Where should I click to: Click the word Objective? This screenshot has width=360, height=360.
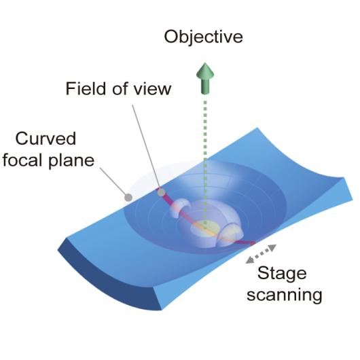[203, 37]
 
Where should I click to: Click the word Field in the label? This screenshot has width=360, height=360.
[86, 88]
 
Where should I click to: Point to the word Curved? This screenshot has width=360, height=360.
[46, 139]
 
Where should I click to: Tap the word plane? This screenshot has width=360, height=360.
[71, 161]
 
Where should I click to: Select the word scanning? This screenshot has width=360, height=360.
[285, 295]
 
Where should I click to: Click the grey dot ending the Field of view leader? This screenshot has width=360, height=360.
[161, 192]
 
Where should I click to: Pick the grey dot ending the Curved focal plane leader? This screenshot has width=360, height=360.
[128, 197]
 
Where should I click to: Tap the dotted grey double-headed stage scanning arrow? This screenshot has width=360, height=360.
[261, 254]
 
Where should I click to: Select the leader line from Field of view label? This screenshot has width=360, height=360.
[146, 147]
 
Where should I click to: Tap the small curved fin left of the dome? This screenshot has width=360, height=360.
[179, 208]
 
